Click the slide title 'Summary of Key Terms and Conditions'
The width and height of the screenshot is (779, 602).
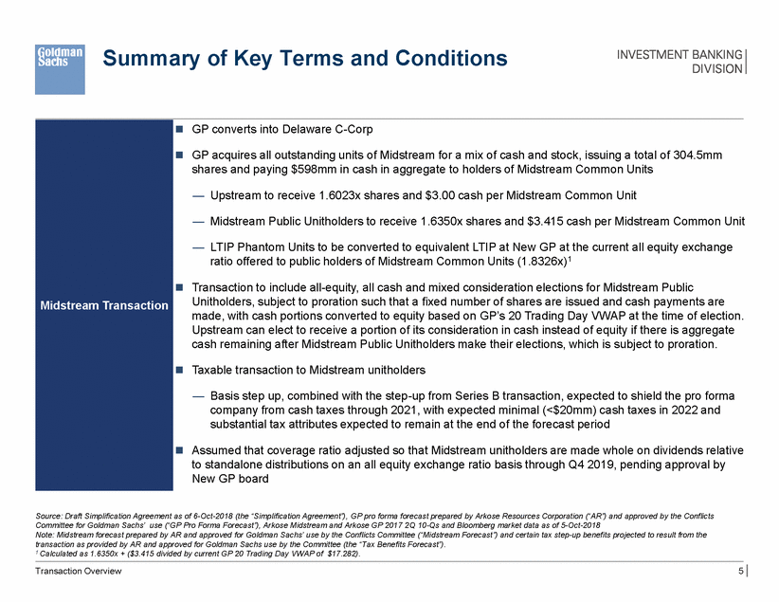click(x=305, y=59)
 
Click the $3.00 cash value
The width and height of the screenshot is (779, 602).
click(x=428, y=195)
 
